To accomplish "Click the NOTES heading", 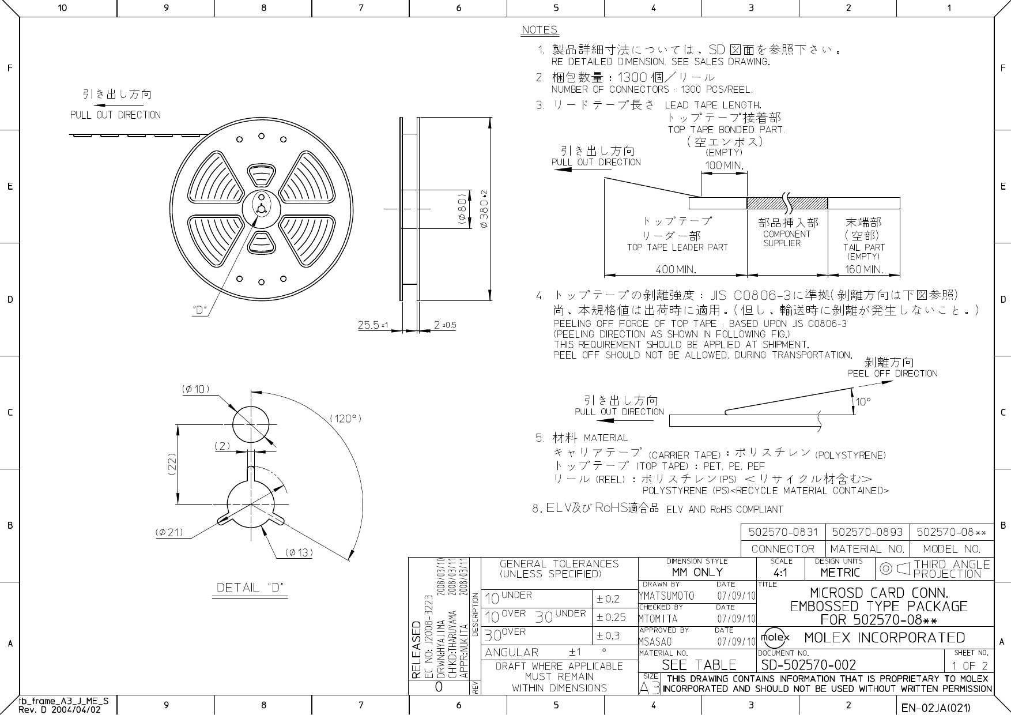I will pyautogui.click(x=540, y=30).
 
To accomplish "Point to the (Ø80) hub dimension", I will pyautogui.click(x=462, y=208).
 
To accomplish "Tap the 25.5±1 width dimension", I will pyautogui.click(x=374, y=325).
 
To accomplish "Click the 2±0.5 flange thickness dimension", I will pyautogui.click(x=444, y=325).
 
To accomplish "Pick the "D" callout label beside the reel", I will pyautogui.click(x=199, y=310).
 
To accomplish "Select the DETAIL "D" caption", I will pyautogui.click(x=251, y=588).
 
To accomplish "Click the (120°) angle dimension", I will pyautogui.click(x=345, y=418).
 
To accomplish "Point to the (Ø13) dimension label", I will pyautogui.click(x=299, y=552).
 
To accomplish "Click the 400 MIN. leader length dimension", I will pyautogui.click(x=676, y=269).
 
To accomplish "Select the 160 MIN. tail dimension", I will pyautogui.click(x=863, y=269).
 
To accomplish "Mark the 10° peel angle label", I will pyautogui.click(x=863, y=402).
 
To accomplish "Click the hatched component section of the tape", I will pyautogui.click(x=787, y=203).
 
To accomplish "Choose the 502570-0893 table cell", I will pyautogui.click(x=867, y=532).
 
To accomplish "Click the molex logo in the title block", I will pyautogui.click(x=775, y=637).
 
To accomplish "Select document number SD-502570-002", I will pyautogui.click(x=809, y=665).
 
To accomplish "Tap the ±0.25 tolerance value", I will pyautogui.click(x=611, y=617).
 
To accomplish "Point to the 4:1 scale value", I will pyautogui.click(x=780, y=573).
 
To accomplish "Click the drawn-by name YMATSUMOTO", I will pyautogui.click(x=666, y=596).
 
